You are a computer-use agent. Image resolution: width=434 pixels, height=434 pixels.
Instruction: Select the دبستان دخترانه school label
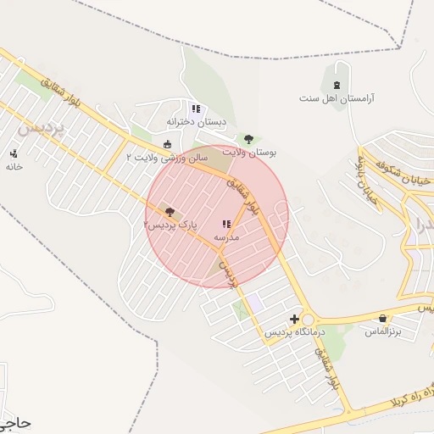coord(197,122)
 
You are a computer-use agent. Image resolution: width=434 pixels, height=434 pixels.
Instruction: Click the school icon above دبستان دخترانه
coord(196,108)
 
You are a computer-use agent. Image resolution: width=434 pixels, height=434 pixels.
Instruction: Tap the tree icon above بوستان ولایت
coord(248,139)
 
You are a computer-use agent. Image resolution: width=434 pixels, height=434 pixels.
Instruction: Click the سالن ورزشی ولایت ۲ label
coord(166,157)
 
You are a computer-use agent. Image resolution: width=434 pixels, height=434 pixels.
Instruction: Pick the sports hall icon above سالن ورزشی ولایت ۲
coord(167,143)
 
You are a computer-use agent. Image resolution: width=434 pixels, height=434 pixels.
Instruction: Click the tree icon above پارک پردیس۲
coord(170,212)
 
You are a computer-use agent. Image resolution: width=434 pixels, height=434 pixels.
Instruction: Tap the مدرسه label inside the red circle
coord(226,238)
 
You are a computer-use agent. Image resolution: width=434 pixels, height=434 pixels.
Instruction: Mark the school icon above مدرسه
coord(225,225)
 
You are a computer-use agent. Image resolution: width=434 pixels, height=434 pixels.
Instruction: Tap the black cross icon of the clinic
coord(294,320)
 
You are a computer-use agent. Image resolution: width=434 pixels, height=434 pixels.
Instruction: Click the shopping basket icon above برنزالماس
coord(382,319)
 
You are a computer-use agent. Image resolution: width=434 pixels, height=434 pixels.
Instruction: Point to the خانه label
coord(14,167)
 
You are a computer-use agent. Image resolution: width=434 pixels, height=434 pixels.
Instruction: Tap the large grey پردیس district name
coord(42,128)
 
